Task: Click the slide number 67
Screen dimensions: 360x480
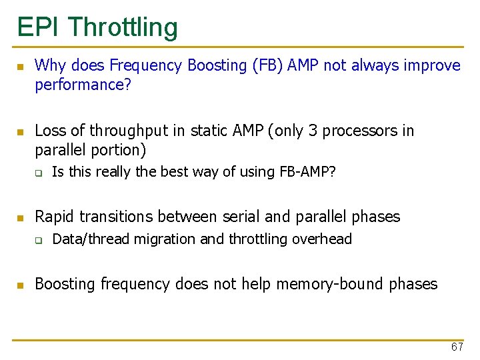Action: tap(457, 347)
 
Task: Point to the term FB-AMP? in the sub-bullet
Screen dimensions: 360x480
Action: tap(305, 172)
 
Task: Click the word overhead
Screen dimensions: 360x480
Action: tap(323, 239)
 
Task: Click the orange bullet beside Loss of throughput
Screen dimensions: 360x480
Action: tap(20, 132)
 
